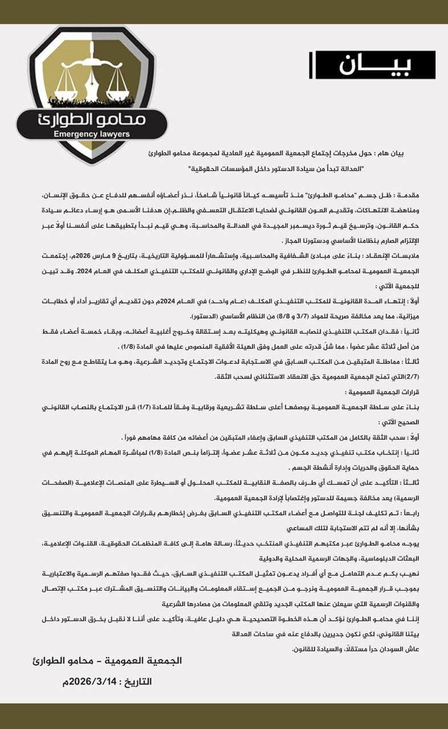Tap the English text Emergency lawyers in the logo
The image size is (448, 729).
tap(91, 134)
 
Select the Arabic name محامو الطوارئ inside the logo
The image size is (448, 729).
tap(91, 119)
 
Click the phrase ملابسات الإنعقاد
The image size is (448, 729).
tap(412, 257)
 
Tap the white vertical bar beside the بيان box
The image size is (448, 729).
tap(311, 65)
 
